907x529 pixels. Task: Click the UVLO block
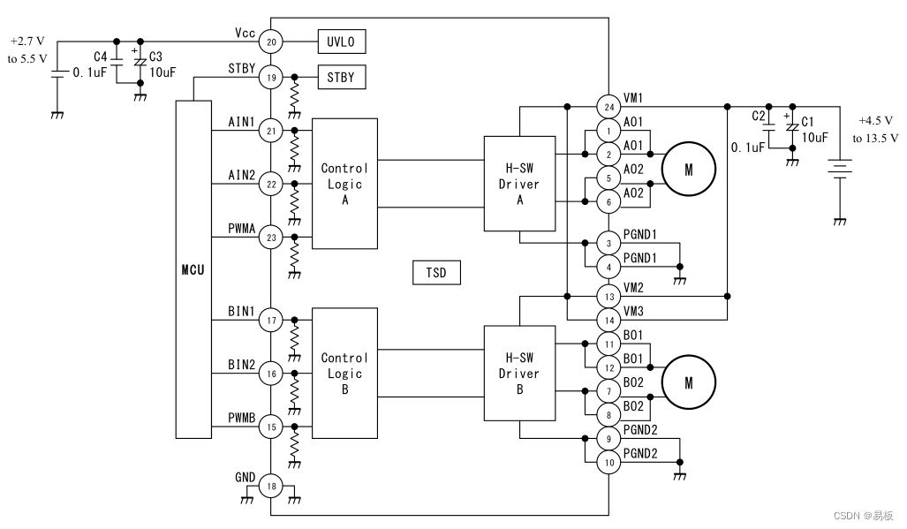pyautogui.click(x=341, y=42)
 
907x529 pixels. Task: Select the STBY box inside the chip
pyautogui.click(x=341, y=77)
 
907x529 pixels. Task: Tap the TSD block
pyautogui.click(x=436, y=273)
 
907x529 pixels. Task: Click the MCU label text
pyautogui.click(x=193, y=270)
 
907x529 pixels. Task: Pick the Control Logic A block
pyautogui.click(x=344, y=184)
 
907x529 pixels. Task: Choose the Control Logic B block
pyautogui.click(x=344, y=374)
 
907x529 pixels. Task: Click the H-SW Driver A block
pyautogui.click(x=519, y=184)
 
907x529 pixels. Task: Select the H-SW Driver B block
pyautogui.click(x=519, y=374)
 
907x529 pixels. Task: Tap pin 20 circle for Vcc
pyautogui.click(x=271, y=42)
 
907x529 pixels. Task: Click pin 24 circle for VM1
pyautogui.click(x=608, y=107)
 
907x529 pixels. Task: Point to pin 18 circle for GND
pyautogui.click(x=271, y=487)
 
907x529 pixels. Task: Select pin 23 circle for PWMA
pyautogui.click(x=271, y=238)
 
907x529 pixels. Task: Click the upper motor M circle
pyautogui.click(x=688, y=170)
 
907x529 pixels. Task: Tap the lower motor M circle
pyautogui.click(x=688, y=382)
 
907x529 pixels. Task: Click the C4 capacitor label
pyautogui.click(x=101, y=57)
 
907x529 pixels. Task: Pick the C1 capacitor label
pyautogui.click(x=807, y=121)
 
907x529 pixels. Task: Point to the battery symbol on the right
pyautogui.click(x=839, y=170)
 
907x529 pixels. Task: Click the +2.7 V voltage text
pyautogui.click(x=27, y=41)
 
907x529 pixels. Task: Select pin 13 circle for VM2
pyautogui.click(x=608, y=297)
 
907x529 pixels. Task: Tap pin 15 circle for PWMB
pyautogui.click(x=271, y=427)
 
